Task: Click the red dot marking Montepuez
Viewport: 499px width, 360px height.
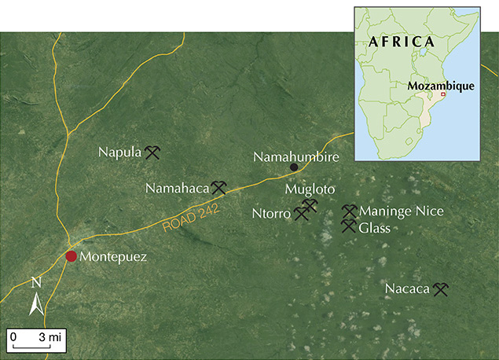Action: pos(72,256)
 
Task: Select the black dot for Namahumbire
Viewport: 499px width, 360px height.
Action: pos(294,167)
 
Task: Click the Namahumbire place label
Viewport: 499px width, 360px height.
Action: pos(295,157)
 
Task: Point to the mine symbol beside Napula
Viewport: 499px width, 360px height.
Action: pos(152,152)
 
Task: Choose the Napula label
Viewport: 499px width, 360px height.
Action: pos(120,151)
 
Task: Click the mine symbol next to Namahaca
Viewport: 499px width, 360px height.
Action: pos(218,188)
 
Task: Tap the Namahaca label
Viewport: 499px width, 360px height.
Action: pos(177,188)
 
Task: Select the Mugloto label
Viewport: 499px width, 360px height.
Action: pos(310,189)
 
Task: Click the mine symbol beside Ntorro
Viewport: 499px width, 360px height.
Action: pos(300,213)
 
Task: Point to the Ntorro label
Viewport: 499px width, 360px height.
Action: pos(271,213)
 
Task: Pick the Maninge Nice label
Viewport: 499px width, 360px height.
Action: pos(401,211)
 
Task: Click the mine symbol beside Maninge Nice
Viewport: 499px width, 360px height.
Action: pos(349,211)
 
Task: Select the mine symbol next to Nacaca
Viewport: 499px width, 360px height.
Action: pos(440,290)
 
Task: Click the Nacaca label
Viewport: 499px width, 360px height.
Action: pos(407,289)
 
